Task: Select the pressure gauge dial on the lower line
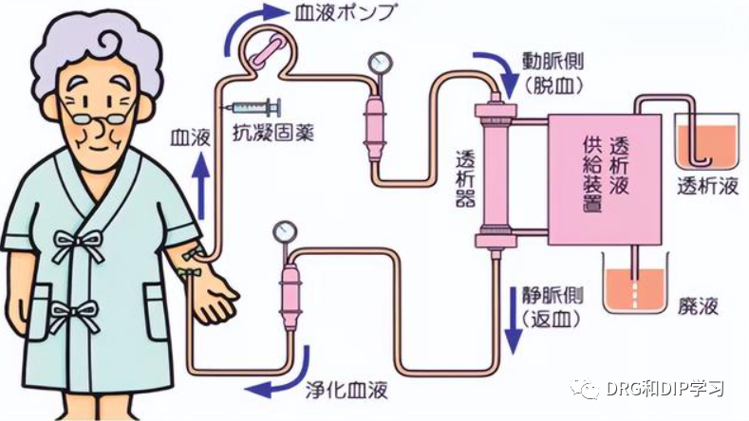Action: pyautogui.click(x=282, y=230)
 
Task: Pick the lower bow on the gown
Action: pyautogui.click(x=75, y=312)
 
